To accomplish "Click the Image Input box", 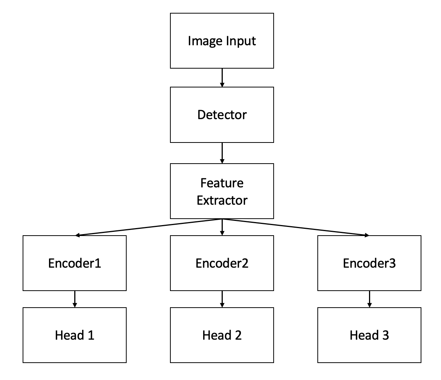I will click(222, 41).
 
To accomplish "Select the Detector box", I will click(222, 115).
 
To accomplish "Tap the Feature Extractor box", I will click(222, 191).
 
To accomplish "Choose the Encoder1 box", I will click(75, 263).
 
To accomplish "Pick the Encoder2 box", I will click(222, 263).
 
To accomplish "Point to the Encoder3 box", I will click(369, 263).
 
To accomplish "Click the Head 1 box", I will click(75, 335).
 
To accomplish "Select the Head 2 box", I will click(222, 335).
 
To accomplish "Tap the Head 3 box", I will click(369, 335).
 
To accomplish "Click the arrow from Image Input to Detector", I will click(222, 78).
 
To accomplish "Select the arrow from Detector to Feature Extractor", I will click(222, 153).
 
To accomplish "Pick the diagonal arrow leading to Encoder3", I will click(296, 227).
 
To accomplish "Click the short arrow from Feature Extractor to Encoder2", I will click(222, 227).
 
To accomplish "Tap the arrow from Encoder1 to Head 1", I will click(75, 299).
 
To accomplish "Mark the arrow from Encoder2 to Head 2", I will click(222, 299).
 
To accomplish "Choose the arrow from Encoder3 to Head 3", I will click(369, 299).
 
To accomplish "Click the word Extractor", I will click(222, 200).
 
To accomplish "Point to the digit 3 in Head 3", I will click(385, 335).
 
